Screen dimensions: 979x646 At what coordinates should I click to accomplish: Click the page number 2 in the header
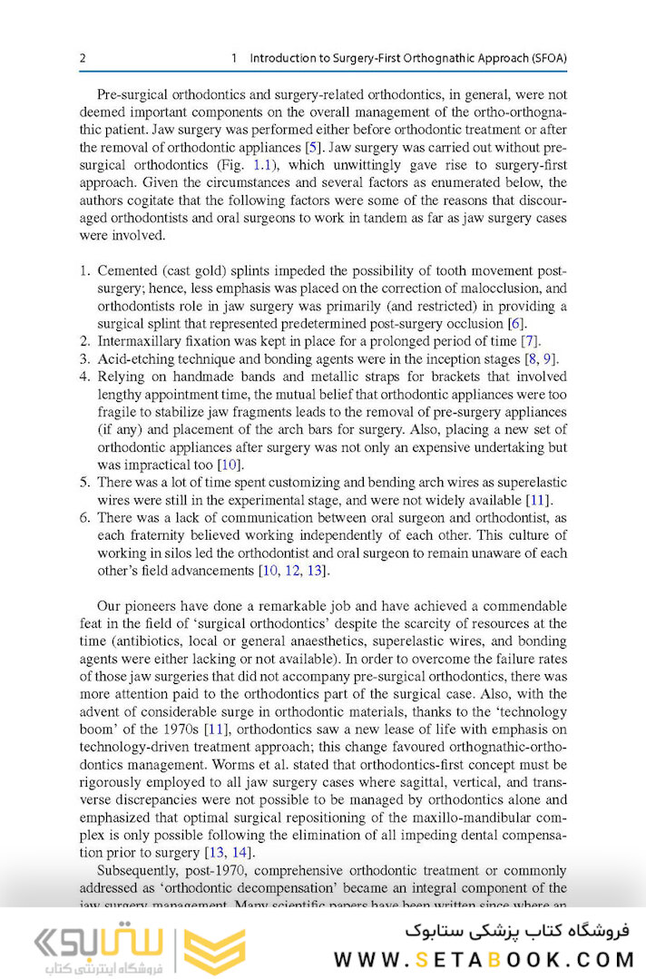click(x=83, y=58)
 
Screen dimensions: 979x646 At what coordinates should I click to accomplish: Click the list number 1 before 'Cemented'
click(x=83, y=272)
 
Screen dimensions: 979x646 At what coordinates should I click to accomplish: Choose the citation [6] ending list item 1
click(x=517, y=324)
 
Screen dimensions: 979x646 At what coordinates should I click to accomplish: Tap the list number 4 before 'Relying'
click(x=83, y=377)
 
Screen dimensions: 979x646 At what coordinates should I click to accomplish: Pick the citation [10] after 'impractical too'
click(x=229, y=465)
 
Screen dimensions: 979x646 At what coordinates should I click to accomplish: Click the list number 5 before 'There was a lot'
click(x=83, y=483)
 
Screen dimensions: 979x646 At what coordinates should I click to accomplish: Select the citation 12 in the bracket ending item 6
click(x=292, y=571)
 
